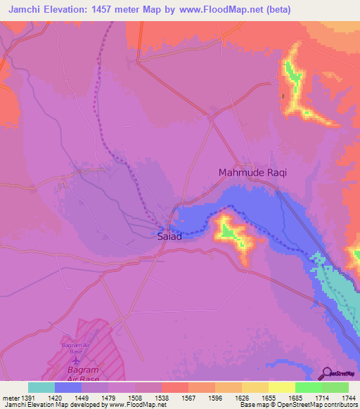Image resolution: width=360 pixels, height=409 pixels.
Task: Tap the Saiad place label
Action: click(x=169, y=237)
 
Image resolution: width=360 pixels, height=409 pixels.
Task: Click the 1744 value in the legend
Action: click(x=348, y=398)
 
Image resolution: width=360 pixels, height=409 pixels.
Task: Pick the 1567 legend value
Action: click(x=188, y=398)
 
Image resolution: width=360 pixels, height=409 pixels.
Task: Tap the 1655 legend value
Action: click(x=269, y=398)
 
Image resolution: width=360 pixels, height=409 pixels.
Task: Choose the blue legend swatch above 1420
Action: click(x=68, y=387)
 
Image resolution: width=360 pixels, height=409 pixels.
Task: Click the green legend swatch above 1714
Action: click(x=308, y=387)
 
